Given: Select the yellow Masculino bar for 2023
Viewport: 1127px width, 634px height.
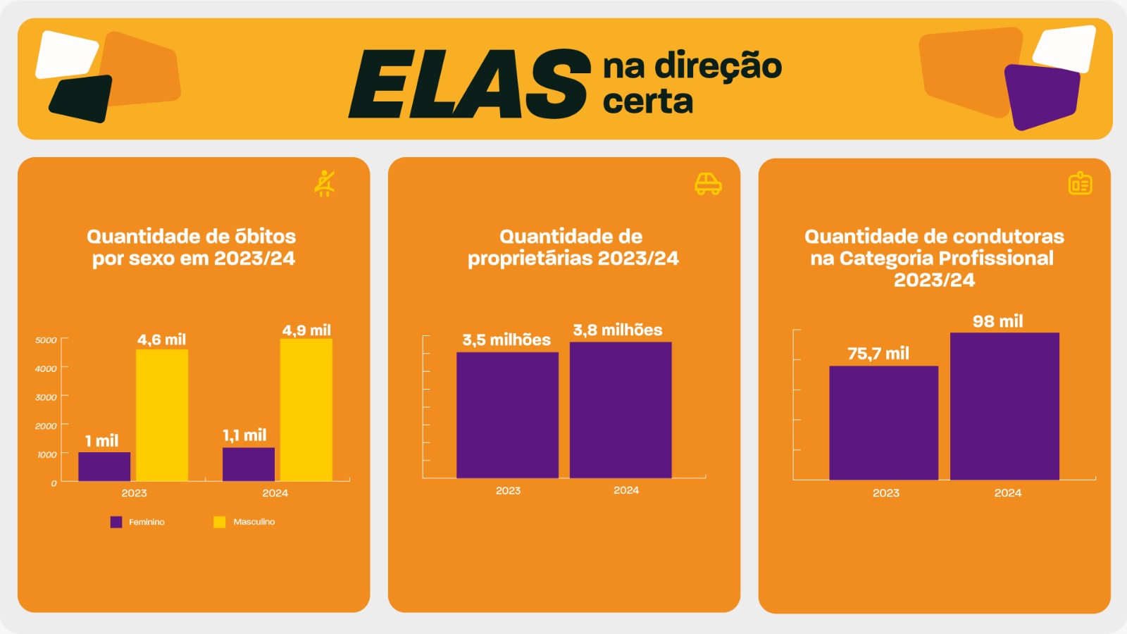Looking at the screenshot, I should (x=161, y=415).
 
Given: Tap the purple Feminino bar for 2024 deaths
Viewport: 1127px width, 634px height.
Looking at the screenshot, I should (x=248, y=464).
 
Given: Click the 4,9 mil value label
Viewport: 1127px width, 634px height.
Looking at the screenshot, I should (x=306, y=330).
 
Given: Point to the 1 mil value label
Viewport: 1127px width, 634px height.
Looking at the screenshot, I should (x=101, y=441).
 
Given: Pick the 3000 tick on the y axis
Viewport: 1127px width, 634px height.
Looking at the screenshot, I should (x=46, y=397).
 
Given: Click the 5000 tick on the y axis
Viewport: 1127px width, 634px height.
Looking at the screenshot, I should (x=46, y=340).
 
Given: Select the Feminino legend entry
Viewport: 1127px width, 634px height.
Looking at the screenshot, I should (x=138, y=522).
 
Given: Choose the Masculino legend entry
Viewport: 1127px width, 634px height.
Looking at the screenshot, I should (x=244, y=522).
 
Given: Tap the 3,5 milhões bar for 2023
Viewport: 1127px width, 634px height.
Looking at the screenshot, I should (x=507, y=415).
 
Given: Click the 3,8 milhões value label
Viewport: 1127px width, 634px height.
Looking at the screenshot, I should (x=618, y=330).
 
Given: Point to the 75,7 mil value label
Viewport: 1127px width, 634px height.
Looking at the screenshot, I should (x=878, y=354).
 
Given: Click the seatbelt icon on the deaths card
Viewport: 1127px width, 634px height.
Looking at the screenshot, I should (x=325, y=183).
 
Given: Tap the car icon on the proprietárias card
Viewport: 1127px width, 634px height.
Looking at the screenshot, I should (x=708, y=184).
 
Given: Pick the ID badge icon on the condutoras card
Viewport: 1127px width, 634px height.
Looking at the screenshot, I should (x=1080, y=184).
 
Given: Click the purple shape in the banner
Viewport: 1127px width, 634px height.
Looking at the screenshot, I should (x=1041, y=96).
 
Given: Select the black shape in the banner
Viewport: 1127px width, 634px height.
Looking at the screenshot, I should (x=82, y=99).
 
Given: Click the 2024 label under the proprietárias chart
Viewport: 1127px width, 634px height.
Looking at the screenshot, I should (x=626, y=490).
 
